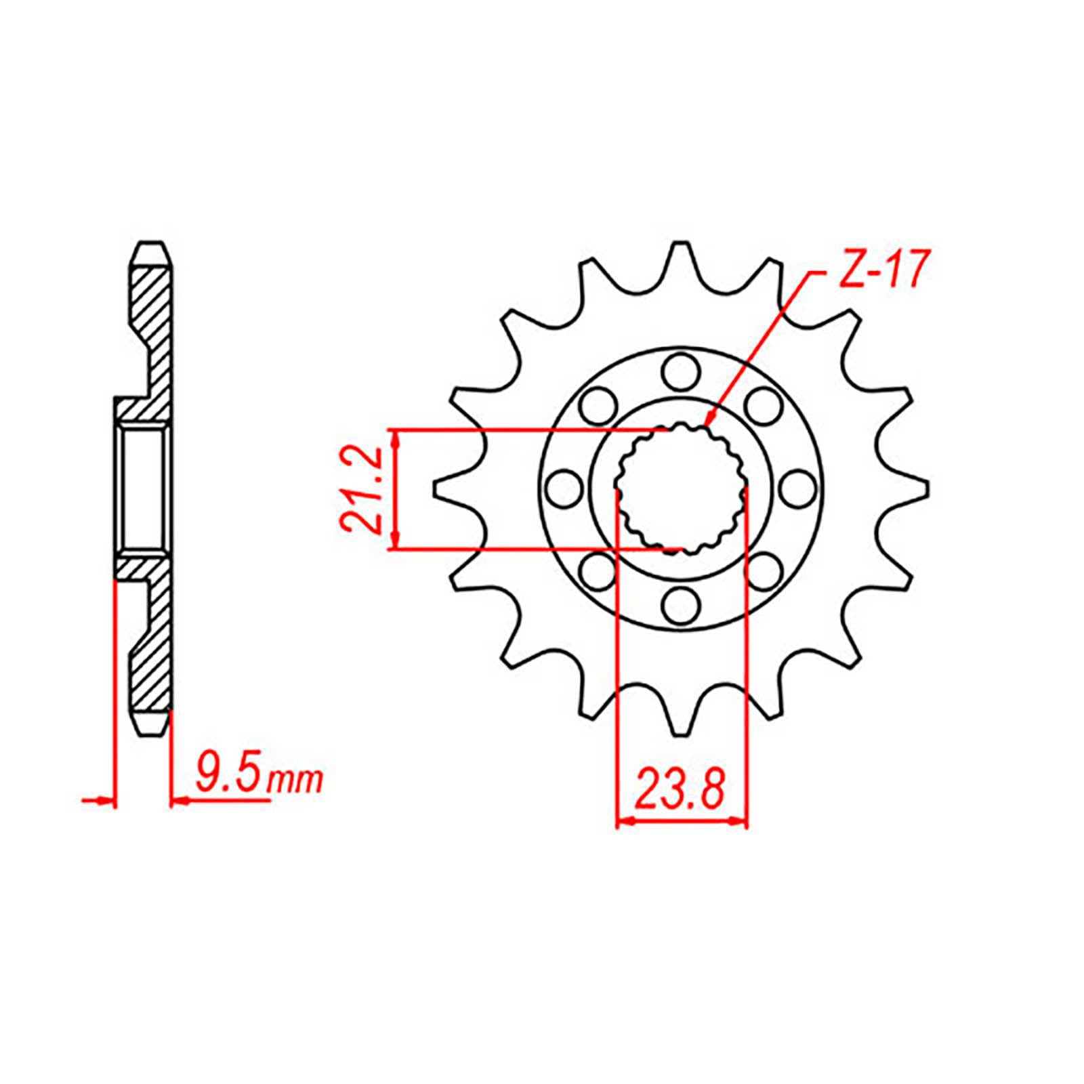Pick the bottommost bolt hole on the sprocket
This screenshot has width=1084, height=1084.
(680, 604)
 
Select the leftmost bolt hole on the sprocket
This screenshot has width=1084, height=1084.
(564, 488)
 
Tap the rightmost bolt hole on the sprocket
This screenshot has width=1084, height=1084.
(797, 488)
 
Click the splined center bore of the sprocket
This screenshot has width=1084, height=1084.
(681, 488)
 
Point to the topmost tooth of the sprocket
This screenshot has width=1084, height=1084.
(680, 254)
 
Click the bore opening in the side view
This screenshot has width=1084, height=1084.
(143, 488)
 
